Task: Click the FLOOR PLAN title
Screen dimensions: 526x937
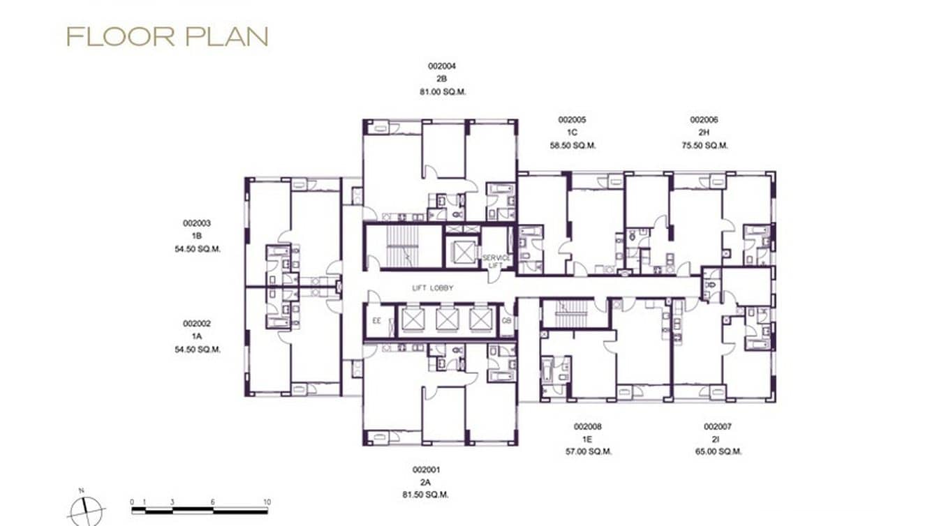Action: pyautogui.click(x=167, y=37)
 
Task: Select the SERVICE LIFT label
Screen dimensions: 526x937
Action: pyautogui.click(x=496, y=262)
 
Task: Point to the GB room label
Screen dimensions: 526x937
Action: pyautogui.click(x=506, y=321)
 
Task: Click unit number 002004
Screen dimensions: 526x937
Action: pyautogui.click(x=441, y=66)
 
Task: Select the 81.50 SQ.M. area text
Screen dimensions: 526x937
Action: pyautogui.click(x=426, y=495)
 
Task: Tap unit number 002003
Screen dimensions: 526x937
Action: pyautogui.click(x=197, y=223)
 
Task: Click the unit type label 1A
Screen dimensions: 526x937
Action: pyautogui.click(x=197, y=336)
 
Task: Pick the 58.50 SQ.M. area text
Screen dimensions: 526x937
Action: pyautogui.click(x=573, y=146)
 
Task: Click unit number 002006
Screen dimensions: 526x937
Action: pyautogui.click(x=704, y=120)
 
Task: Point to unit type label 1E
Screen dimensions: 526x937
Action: pyautogui.click(x=588, y=439)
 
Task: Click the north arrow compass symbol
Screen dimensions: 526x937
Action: pyautogui.click(x=87, y=510)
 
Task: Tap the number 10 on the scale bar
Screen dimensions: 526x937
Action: pyautogui.click(x=267, y=502)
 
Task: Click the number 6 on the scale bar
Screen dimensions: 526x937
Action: pyautogui.click(x=213, y=502)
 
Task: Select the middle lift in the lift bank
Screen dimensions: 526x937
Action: pyautogui.click(x=447, y=320)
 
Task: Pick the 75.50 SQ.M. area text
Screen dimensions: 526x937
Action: pyautogui.click(x=704, y=146)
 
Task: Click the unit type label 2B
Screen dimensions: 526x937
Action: pyautogui.click(x=441, y=79)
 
